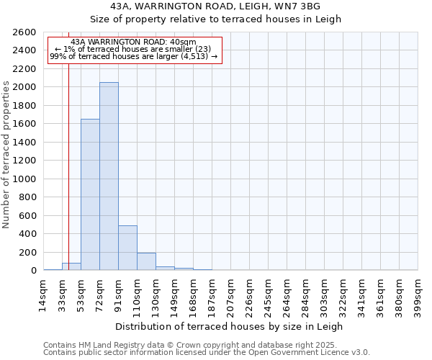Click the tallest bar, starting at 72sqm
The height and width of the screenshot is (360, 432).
pos(109,176)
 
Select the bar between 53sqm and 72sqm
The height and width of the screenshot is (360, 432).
pos(90,194)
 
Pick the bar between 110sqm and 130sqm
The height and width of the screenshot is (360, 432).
pos(146,261)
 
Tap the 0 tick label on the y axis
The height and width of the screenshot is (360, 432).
pos(33,271)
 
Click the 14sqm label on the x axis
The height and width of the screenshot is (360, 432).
pos(43,294)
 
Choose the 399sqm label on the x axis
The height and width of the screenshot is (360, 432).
pos(418,294)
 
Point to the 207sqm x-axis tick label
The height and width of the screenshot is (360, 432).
pos(230,294)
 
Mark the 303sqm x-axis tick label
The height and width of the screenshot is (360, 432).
pos(324,294)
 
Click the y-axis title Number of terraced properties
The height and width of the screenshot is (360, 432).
pos(6,155)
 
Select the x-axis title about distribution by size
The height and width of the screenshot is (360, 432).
pos(230,326)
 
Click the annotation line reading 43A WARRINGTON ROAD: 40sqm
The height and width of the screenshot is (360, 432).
pos(134,42)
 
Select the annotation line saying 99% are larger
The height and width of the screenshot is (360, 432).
pos(134,57)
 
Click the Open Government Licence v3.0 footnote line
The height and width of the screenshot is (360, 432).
pos(207,352)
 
